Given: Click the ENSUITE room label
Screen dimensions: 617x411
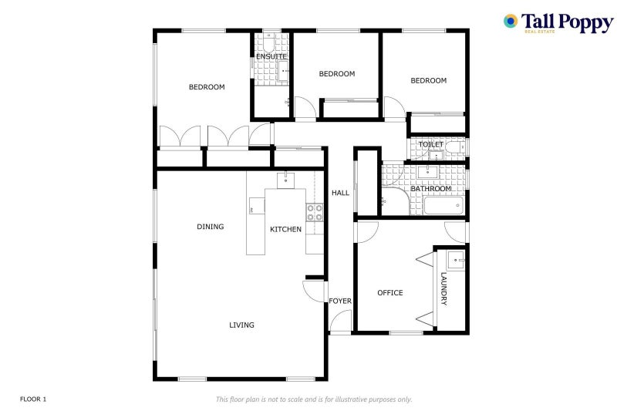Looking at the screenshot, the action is click(271, 56).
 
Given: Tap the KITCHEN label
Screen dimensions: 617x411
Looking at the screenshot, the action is click(285, 229).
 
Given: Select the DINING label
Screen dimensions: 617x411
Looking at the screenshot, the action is click(210, 227).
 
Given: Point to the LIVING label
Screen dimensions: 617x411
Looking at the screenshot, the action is click(241, 325).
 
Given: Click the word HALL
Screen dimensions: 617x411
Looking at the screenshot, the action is click(340, 193).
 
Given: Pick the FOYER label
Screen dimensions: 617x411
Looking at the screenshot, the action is click(340, 301).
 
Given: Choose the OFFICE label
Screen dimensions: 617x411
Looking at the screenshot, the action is click(390, 292).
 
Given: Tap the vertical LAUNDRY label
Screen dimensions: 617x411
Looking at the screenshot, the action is click(444, 288).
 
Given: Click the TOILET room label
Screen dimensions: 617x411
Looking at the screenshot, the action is click(431, 144).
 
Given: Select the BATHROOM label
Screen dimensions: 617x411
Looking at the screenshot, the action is click(431, 189).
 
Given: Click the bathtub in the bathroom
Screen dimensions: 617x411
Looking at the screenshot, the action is click(443, 206).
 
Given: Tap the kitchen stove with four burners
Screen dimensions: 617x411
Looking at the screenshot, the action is click(315, 212).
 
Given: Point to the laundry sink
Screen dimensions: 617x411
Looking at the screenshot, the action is click(456, 261).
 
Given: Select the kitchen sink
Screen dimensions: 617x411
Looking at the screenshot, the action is click(285, 180).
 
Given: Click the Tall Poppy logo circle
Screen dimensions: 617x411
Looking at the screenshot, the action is click(511, 22).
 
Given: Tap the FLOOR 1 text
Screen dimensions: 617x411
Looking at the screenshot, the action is click(33, 399).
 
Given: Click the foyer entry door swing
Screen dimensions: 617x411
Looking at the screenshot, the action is click(340, 320).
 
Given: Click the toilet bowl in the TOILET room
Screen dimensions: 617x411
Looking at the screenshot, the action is click(455, 147).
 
